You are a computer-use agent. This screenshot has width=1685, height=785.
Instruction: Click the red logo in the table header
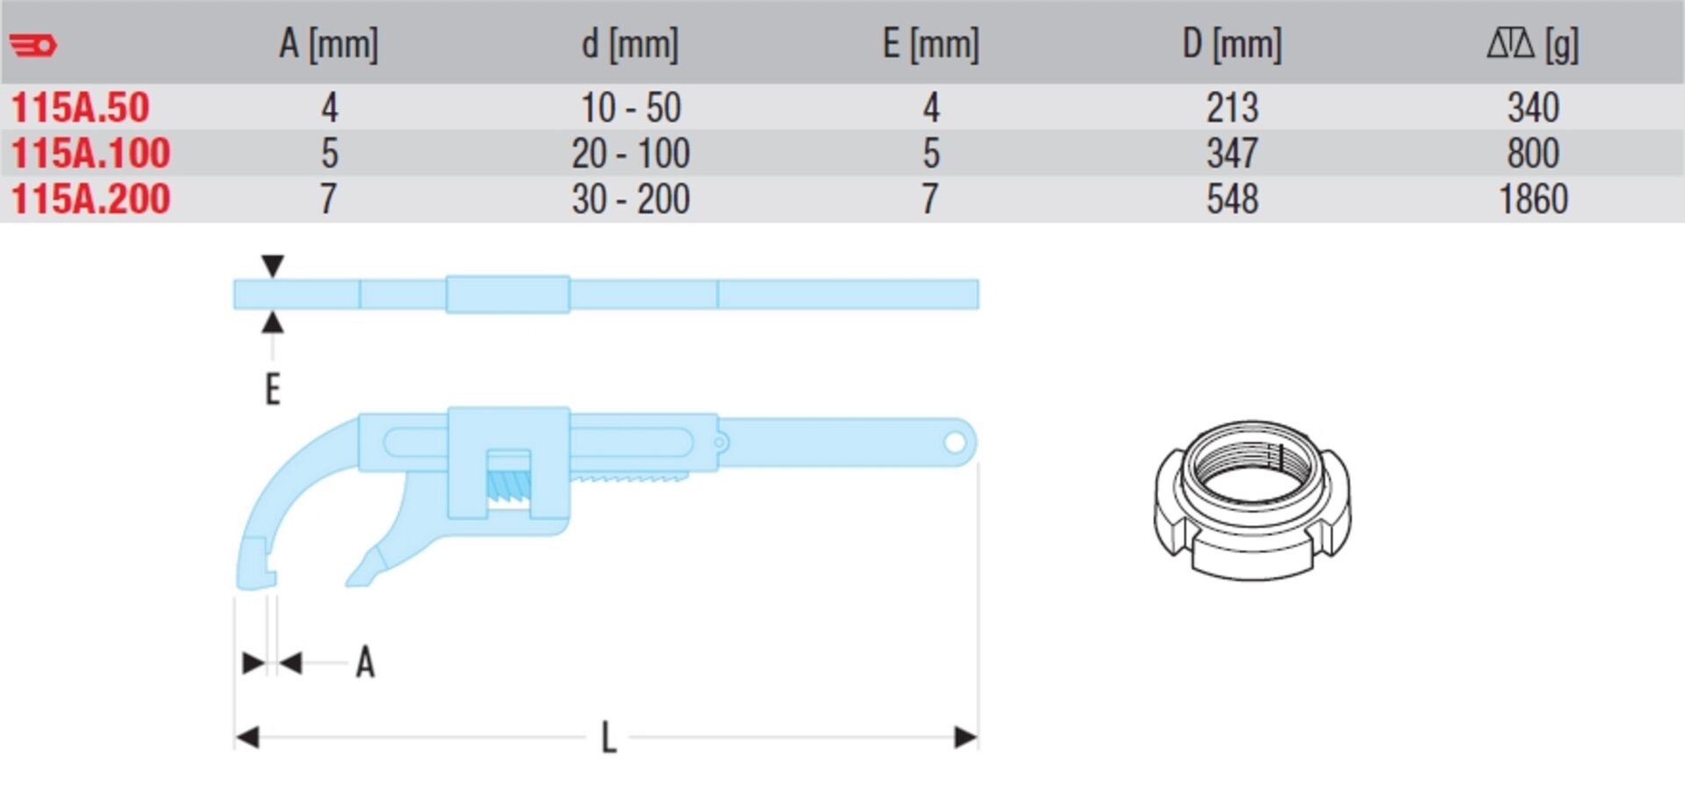[x=33, y=45]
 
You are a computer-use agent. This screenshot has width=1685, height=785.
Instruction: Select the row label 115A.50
[x=80, y=108]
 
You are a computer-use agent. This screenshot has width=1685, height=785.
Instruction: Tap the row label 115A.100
[x=90, y=154]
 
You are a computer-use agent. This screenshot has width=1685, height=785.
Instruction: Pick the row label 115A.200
[x=90, y=199]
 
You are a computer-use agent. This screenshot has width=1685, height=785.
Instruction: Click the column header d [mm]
[x=630, y=44]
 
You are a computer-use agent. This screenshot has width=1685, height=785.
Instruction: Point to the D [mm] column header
[x=1231, y=44]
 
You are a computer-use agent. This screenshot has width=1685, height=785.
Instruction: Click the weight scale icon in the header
[x=1510, y=43]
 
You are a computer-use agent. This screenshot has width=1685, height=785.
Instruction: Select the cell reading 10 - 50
[x=631, y=108]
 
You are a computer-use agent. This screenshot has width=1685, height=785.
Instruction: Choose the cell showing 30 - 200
[x=631, y=199]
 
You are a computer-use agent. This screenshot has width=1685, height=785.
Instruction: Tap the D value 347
[x=1232, y=154]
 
